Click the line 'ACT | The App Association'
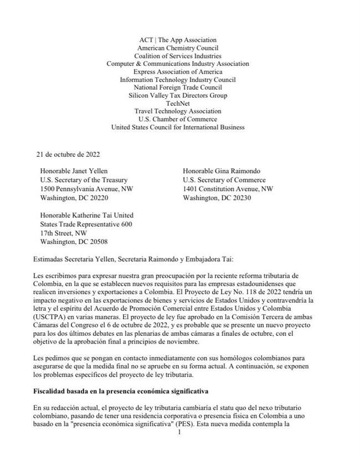pyautogui.click(x=178, y=40)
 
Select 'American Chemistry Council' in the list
pyautogui.click(x=178, y=48)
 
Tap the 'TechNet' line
pyautogui.click(x=178, y=103)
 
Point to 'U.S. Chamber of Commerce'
pyautogui.click(x=178, y=119)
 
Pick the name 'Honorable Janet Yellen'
pyautogui.click(x=74, y=171)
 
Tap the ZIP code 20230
pyautogui.click(x=240, y=198)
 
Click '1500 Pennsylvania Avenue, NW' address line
pyautogui.click(x=86, y=189)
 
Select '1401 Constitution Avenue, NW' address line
pyautogui.click(x=228, y=189)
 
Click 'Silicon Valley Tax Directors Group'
pyautogui.click(x=178, y=95)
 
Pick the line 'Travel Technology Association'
pyautogui.click(x=178, y=111)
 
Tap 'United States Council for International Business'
pyautogui.click(x=178, y=127)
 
